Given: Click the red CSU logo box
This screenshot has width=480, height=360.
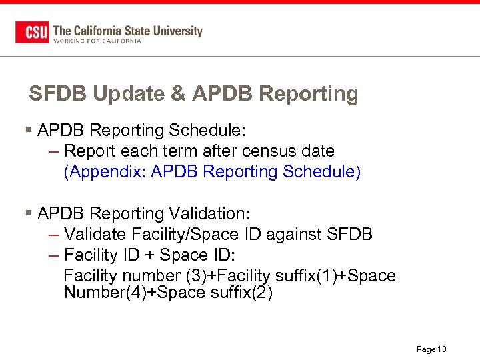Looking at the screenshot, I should click(x=32, y=32).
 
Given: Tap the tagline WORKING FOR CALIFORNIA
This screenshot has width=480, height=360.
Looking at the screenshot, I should click(x=97, y=41).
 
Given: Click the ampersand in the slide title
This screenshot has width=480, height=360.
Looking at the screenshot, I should click(x=178, y=94).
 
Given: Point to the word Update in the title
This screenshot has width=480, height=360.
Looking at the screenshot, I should click(x=127, y=94).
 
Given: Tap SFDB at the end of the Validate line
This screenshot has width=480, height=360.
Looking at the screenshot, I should click(x=350, y=235).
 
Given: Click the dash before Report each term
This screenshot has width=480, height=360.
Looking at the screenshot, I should click(x=55, y=151).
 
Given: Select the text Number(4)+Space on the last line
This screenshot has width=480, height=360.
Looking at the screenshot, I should click(x=119, y=293).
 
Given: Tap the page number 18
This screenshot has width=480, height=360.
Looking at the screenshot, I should click(x=441, y=349).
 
